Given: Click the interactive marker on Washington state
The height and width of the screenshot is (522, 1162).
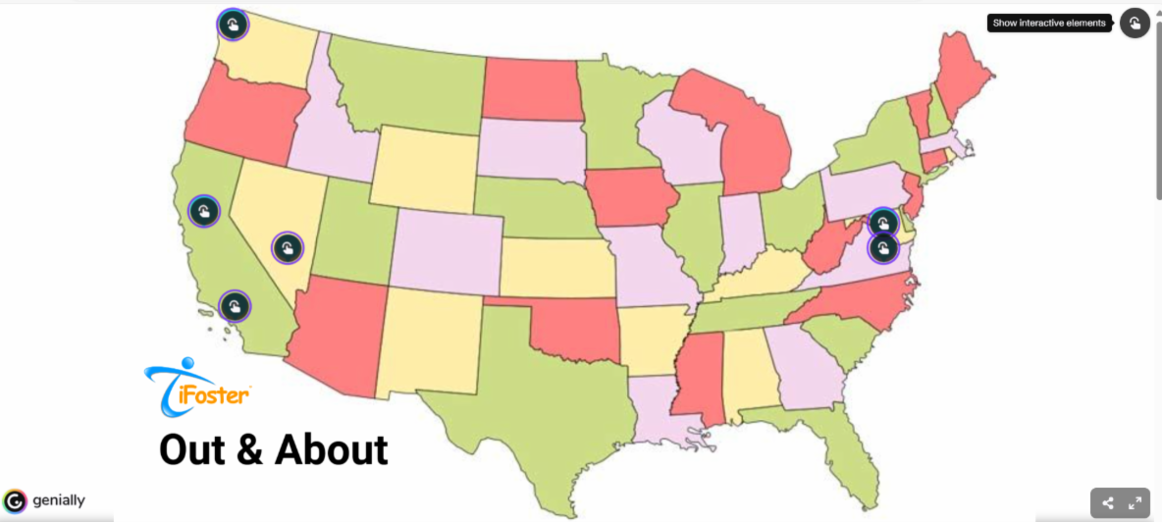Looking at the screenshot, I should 232,25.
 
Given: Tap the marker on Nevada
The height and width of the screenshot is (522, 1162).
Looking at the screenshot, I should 287,247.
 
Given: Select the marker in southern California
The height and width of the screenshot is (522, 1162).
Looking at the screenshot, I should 235,307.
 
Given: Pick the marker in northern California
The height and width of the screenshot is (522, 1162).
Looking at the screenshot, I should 203,210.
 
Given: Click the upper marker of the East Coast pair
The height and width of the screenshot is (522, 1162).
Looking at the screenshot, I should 883,223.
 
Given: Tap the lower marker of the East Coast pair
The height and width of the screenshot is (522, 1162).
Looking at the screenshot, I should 883,247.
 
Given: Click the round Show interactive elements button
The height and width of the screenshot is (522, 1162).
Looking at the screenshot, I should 1135,24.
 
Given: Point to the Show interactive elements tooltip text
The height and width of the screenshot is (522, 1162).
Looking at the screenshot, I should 1048,24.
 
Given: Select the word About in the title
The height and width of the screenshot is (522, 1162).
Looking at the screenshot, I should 331,449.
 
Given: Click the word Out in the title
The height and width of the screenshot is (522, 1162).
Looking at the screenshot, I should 196,449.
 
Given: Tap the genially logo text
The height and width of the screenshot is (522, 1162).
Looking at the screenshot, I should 58,500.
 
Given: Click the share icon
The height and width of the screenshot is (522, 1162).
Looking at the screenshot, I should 1108,503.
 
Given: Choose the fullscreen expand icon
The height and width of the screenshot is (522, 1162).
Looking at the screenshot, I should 1135,503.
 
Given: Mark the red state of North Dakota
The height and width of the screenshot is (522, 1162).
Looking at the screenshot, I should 530,88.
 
